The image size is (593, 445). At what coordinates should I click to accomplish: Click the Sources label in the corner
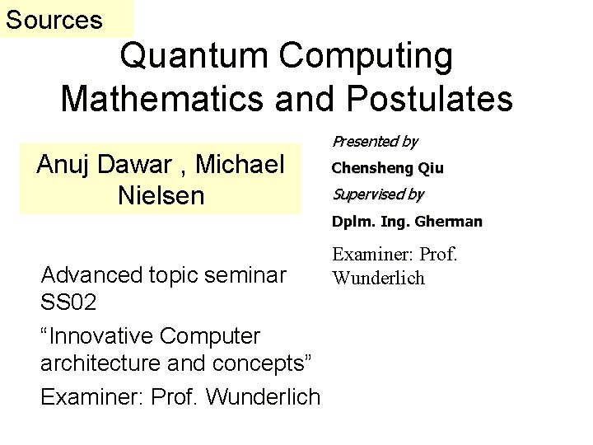click(54, 19)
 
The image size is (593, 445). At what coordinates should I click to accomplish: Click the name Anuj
click(65, 164)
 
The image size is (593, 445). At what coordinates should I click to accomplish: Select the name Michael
click(240, 164)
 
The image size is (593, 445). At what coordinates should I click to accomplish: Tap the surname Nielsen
click(161, 197)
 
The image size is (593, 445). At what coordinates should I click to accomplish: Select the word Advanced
click(89, 273)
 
